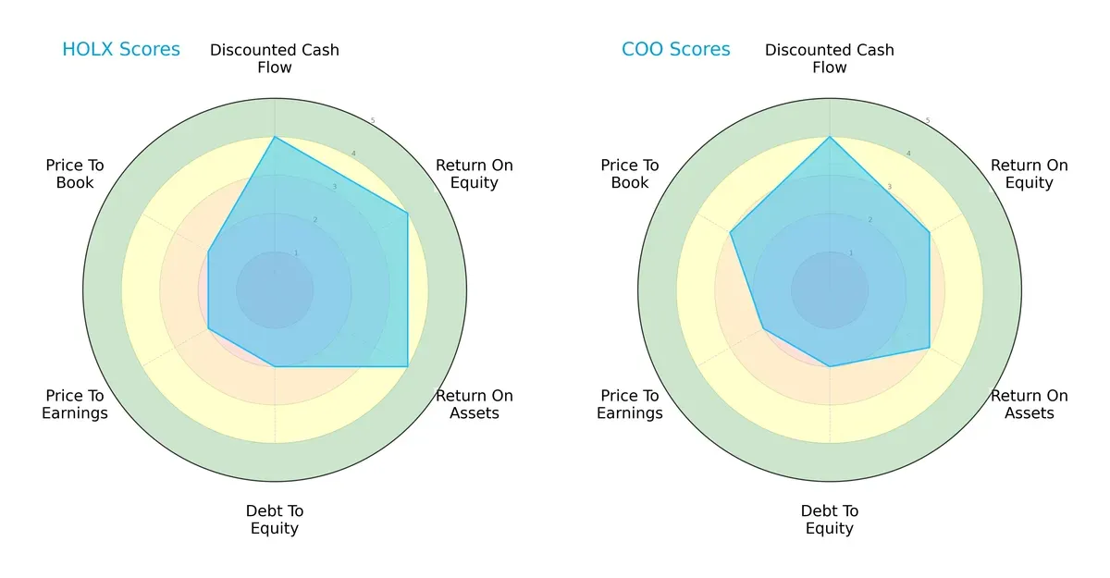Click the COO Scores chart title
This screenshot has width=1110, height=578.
click(675, 50)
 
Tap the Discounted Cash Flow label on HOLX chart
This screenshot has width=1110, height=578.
click(275, 58)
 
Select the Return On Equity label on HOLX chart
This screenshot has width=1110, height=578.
click(475, 174)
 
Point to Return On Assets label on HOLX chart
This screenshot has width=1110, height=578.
click(475, 404)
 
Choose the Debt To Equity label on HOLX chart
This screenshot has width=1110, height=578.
click(275, 520)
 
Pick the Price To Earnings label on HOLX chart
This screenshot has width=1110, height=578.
click(75, 404)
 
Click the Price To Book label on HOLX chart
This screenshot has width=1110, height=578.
click(75, 174)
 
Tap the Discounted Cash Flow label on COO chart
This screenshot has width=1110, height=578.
click(830, 58)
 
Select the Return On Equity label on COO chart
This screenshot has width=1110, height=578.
click(1030, 174)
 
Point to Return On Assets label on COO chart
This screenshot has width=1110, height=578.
click(1030, 404)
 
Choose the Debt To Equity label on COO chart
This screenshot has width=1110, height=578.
click(830, 520)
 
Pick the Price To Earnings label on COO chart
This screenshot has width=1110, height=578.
click(630, 404)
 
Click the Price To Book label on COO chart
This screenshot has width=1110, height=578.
click(630, 174)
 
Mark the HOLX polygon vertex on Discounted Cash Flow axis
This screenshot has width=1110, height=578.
click(275, 137)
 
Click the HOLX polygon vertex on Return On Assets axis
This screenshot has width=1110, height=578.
click(408, 367)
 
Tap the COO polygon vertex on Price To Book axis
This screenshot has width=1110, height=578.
click(731, 232)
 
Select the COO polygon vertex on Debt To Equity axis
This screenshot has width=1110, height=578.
click(830, 367)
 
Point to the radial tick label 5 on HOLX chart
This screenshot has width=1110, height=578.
click(373, 121)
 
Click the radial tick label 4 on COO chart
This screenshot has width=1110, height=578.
click(907, 154)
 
